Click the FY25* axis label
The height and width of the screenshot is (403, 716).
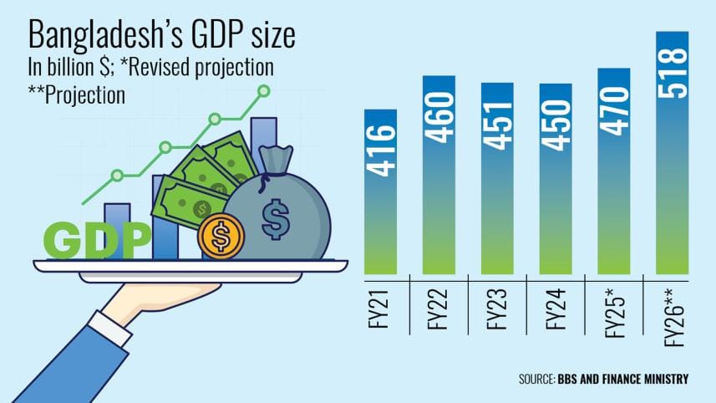click(x=614, y=313)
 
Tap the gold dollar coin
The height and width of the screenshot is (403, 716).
click(x=221, y=238)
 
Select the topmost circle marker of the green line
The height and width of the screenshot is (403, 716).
click(x=264, y=89)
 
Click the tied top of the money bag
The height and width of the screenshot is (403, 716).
click(x=275, y=156)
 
